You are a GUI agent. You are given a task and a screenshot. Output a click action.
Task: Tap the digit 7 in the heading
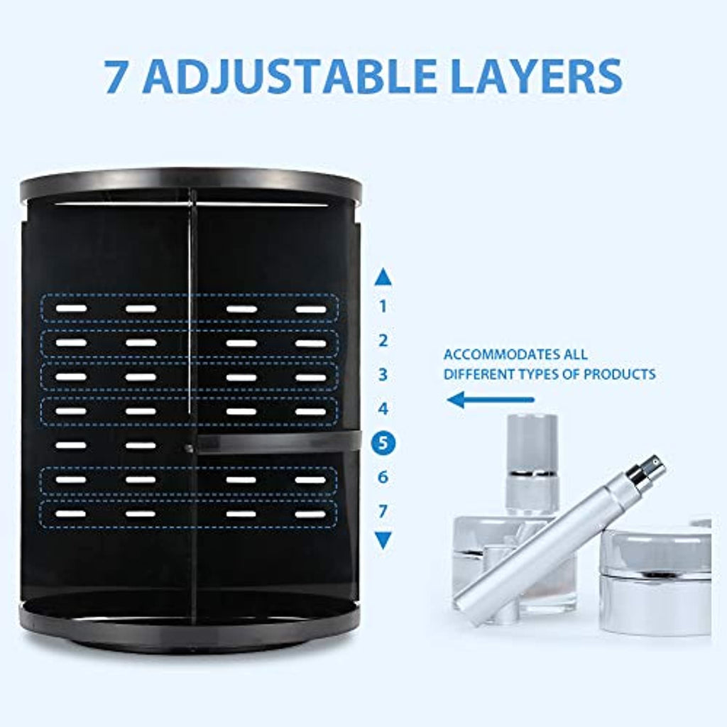click(116, 75)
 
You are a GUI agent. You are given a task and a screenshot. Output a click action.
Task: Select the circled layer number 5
click(383, 443)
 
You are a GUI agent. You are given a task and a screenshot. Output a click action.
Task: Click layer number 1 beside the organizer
click(383, 306)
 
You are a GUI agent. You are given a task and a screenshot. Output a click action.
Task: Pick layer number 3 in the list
click(383, 375)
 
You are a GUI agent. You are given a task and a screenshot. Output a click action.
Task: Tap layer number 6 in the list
click(383, 477)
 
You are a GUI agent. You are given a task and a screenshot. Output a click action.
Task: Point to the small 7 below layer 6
click(383, 511)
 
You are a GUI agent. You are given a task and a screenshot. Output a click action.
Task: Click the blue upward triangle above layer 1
click(383, 278)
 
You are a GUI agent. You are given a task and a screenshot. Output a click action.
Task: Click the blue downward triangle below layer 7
click(383, 540)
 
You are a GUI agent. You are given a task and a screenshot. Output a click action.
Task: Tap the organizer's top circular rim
click(191, 185)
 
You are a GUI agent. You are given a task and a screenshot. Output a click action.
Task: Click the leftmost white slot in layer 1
click(71, 308)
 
